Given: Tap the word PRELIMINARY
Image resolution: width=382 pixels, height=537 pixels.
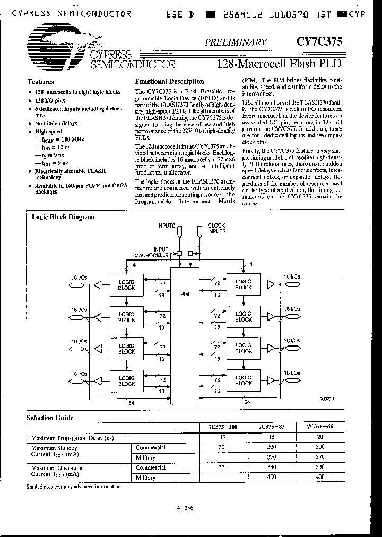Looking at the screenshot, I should [241, 41].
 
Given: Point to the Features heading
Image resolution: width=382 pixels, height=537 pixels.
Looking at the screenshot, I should [41, 82].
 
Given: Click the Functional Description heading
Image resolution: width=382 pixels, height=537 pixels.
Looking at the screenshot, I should [169, 81].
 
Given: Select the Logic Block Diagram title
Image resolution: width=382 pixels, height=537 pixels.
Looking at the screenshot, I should [63, 216].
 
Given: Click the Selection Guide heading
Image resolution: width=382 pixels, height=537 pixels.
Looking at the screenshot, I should [50, 418].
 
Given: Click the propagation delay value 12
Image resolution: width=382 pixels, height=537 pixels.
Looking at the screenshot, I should [222, 437].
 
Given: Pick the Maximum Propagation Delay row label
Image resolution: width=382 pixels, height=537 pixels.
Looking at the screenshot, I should [73, 437].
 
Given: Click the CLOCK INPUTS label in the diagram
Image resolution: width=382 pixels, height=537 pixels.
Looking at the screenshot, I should [216, 229].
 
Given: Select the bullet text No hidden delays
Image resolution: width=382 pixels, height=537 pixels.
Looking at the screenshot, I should [56, 123].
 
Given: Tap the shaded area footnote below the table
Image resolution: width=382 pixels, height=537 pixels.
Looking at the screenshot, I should [74, 486].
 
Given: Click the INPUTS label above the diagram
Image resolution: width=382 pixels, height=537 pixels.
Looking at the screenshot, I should [166, 226].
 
